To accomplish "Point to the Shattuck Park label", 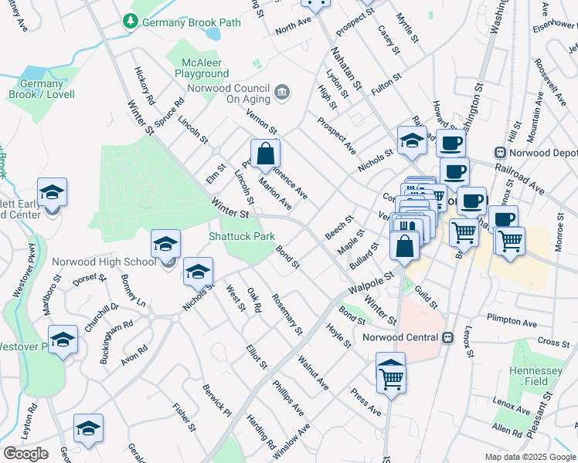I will point(241,235).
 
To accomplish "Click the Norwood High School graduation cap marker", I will point(165,245).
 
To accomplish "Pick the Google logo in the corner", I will point(25,453).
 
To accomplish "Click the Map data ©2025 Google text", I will point(529,457).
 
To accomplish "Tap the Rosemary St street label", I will point(287,314).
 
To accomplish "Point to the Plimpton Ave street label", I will point(512,320).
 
